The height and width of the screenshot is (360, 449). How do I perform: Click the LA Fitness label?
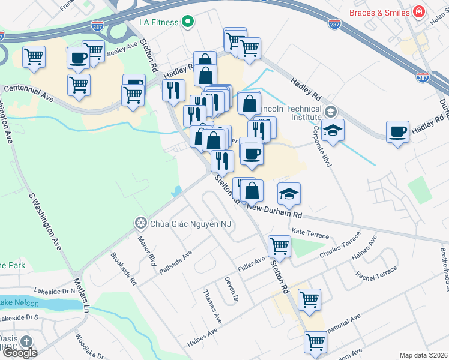158,22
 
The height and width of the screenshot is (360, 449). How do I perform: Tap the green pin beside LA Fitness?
188,22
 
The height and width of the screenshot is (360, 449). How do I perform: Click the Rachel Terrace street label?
376,274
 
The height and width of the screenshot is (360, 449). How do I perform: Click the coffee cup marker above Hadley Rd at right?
397,132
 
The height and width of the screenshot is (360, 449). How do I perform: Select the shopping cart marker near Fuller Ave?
279,246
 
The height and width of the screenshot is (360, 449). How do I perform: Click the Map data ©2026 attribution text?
423,355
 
